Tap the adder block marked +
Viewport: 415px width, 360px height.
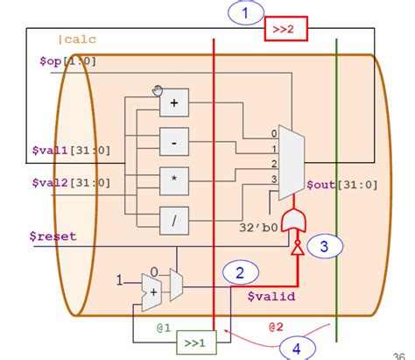pyautogui.click(x=173, y=103)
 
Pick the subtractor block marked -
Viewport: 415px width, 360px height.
pyautogui.click(x=173, y=141)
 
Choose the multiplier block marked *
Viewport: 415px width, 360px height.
pyautogui.click(x=173, y=180)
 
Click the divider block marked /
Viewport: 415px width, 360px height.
pyautogui.click(x=173, y=219)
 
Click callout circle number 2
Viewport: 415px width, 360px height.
pyautogui.click(x=240, y=273)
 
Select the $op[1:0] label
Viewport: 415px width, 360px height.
pyautogui.click(x=67, y=60)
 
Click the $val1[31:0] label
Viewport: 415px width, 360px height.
pyautogui.click(x=69, y=150)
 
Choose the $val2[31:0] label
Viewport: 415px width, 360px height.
pyautogui.click(x=69, y=183)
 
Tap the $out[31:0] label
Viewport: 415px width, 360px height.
pyautogui.click(x=342, y=186)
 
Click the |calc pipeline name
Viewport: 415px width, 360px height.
pyautogui.click(x=76, y=39)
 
